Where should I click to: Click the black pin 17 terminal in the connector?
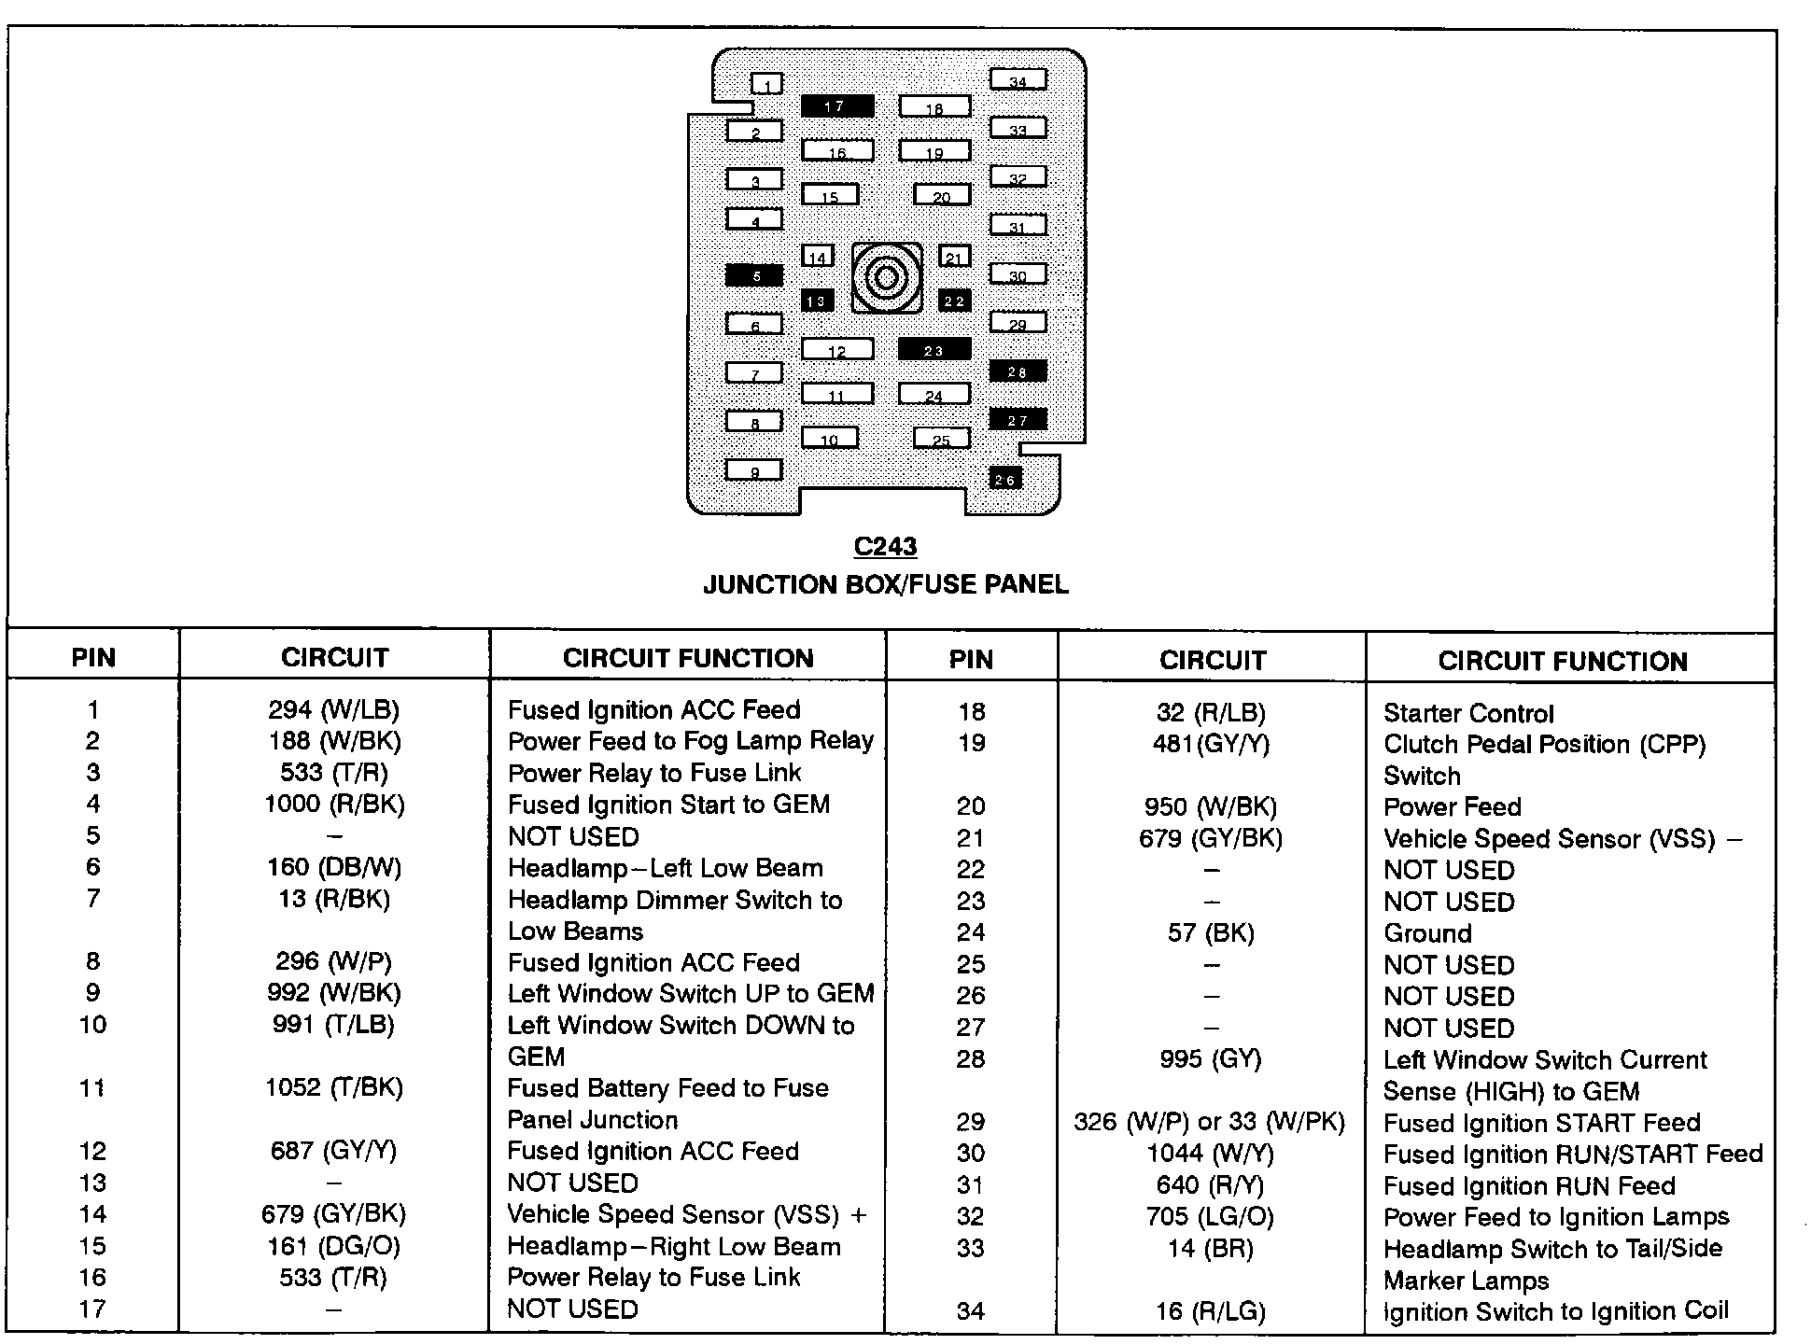click(836, 106)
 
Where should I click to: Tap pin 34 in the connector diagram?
click(1018, 80)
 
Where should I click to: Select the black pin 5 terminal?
click(754, 275)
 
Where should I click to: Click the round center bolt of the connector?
click(886, 278)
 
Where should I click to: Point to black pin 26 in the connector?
click(1005, 479)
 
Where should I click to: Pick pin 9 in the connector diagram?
click(754, 471)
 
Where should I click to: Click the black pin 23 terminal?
click(934, 350)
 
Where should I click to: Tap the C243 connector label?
click(885, 546)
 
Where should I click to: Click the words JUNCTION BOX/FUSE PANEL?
click(885, 585)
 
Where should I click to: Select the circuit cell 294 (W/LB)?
click(333, 710)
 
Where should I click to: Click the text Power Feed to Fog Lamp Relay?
click(691, 741)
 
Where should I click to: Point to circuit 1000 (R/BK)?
click(334, 805)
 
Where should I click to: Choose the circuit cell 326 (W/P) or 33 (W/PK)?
click(1210, 1122)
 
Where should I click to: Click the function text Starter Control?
click(1467, 714)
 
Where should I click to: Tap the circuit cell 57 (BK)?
click(1211, 933)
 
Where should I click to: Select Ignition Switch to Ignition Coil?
click(1555, 1311)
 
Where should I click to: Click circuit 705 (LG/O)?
click(1210, 1217)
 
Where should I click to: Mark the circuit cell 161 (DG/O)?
click(333, 1247)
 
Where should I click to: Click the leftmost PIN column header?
click(93, 658)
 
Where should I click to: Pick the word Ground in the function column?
click(1427, 933)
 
